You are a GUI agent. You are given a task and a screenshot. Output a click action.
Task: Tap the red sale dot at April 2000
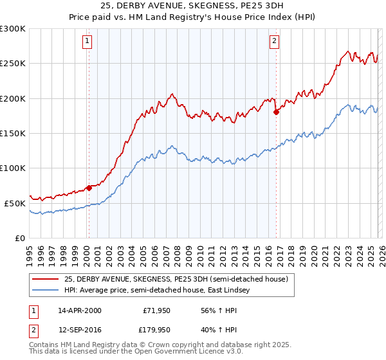pyautogui.click(x=89, y=188)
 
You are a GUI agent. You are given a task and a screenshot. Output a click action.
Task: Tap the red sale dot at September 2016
pyautogui.click(x=276, y=112)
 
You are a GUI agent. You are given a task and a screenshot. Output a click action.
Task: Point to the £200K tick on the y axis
pyautogui.click(x=13, y=98)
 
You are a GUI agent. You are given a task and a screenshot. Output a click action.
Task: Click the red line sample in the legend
pyautogui.click(x=46, y=279)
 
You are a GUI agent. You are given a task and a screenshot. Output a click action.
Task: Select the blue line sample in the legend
pyautogui.click(x=46, y=291)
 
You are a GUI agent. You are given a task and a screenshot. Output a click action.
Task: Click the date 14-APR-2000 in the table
pyautogui.click(x=79, y=310)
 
